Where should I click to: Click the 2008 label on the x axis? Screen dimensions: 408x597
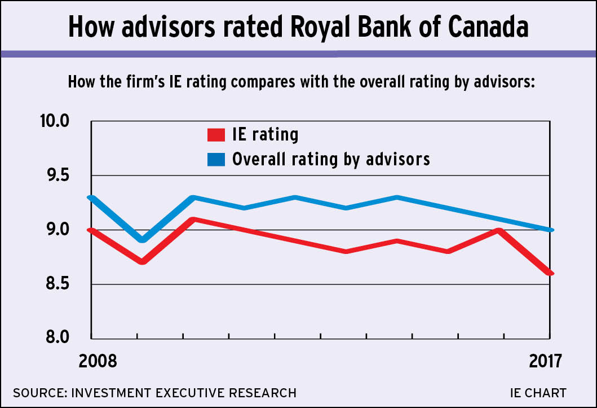tap(98, 361)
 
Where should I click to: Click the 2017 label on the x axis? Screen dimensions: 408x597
tap(545, 361)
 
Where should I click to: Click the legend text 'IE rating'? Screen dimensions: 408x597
tap(265, 135)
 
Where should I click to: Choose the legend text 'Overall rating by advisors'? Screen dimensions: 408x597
tap(331, 159)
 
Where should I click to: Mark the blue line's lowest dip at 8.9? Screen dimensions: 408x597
tap(142, 240)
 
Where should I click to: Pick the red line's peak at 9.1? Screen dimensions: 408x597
tap(193, 220)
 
